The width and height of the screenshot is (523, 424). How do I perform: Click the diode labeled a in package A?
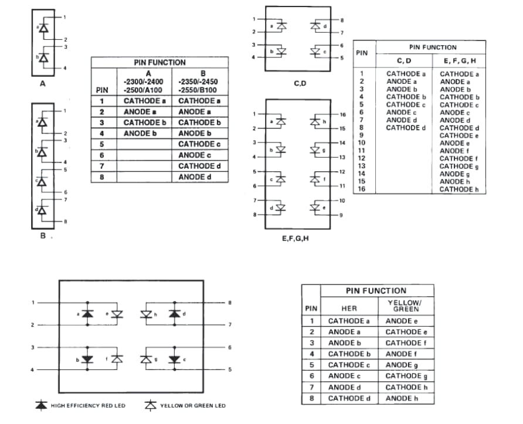point(43,29)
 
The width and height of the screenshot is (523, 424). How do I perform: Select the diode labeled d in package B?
point(43,210)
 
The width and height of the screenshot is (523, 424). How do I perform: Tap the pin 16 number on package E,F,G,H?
point(343,114)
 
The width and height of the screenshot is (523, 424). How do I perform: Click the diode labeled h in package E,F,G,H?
point(315,121)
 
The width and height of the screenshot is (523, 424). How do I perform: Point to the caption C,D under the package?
point(300,83)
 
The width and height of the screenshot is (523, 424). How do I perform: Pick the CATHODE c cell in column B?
point(200,144)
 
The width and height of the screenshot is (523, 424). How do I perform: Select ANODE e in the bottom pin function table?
point(402,321)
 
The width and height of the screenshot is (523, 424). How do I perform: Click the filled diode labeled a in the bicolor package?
point(88,314)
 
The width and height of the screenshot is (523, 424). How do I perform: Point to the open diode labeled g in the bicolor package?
point(147,358)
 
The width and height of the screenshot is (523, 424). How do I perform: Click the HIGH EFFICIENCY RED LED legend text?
point(88,406)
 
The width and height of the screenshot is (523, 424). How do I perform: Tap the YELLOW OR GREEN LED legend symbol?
point(151,405)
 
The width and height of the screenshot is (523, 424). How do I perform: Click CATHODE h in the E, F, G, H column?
point(459,189)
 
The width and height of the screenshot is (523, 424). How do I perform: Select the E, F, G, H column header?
point(459,60)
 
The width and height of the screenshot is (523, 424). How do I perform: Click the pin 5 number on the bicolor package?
point(230,369)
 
